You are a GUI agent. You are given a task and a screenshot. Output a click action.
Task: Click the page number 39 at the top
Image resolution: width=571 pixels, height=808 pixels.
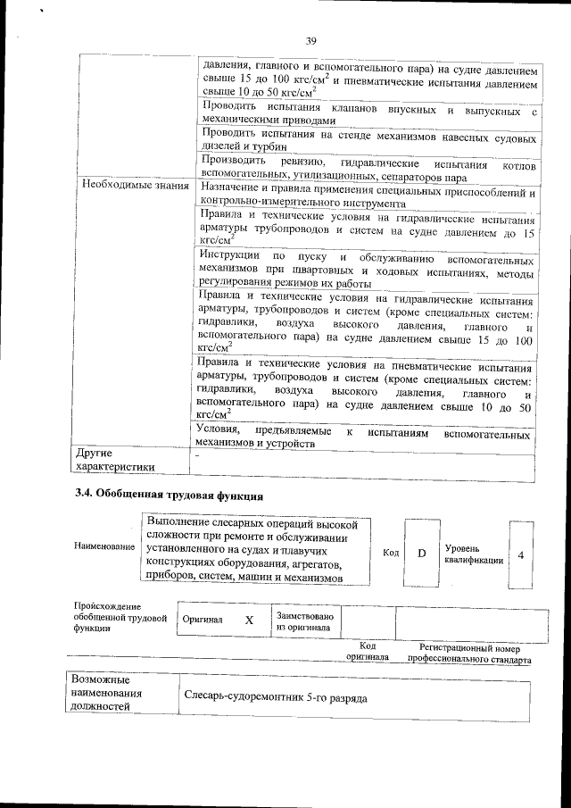tap(311, 40)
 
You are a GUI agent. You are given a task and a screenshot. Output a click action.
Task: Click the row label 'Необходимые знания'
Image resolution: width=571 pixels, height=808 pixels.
tap(135, 186)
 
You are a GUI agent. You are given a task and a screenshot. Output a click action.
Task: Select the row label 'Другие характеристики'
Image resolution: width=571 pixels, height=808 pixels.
tap(116, 459)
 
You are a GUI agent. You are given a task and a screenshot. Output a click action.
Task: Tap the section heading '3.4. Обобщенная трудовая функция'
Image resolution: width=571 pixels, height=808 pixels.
tap(167, 495)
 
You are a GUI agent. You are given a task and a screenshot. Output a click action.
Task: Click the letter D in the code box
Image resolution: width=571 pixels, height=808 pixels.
tap(422, 554)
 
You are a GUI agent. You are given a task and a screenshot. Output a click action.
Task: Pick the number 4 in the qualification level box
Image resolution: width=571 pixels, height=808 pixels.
tap(521, 554)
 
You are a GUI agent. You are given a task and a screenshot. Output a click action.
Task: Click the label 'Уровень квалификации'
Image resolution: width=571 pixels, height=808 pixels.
tap(474, 554)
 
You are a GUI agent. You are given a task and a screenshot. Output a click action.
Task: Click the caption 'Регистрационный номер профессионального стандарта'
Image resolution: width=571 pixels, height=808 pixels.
tap(469, 654)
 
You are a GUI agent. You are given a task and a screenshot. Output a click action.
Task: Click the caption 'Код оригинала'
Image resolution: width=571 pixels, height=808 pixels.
tap(368, 653)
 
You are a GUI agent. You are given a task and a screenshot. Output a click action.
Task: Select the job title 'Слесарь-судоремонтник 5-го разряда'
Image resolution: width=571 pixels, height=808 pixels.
tap(275, 696)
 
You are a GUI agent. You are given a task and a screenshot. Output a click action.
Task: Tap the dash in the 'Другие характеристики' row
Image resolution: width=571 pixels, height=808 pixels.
tap(197, 454)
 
